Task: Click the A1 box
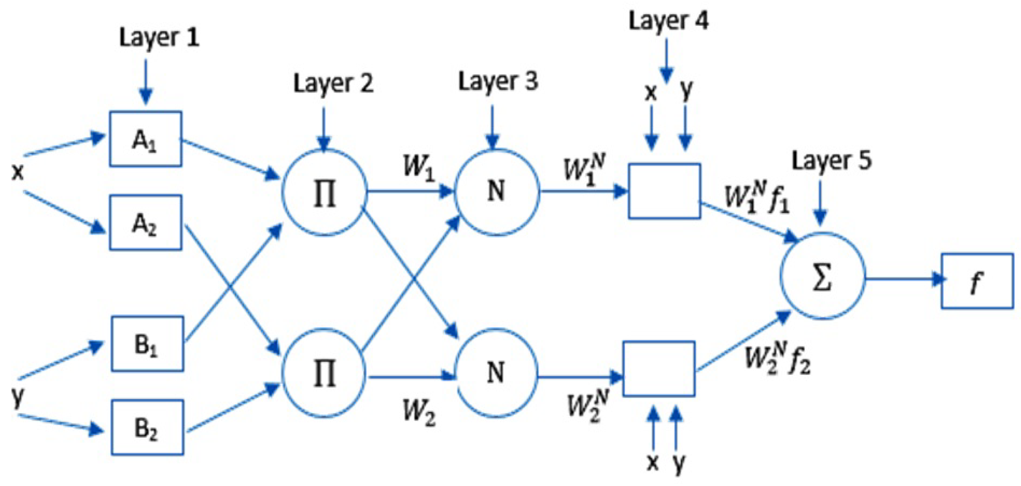coord(146,139)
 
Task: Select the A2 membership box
coord(146,223)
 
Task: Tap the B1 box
coord(147,344)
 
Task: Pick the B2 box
coord(147,427)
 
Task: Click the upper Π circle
coord(325,193)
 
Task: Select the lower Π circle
coord(325,373)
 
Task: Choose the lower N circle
coord(496,373)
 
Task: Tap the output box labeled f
coord(977,281)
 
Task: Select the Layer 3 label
coord(498,82)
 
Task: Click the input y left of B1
coord(18,397)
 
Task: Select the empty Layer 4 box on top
coord(664,191)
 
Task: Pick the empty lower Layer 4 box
coord(659,369)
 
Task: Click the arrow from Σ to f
coord(904,279)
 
